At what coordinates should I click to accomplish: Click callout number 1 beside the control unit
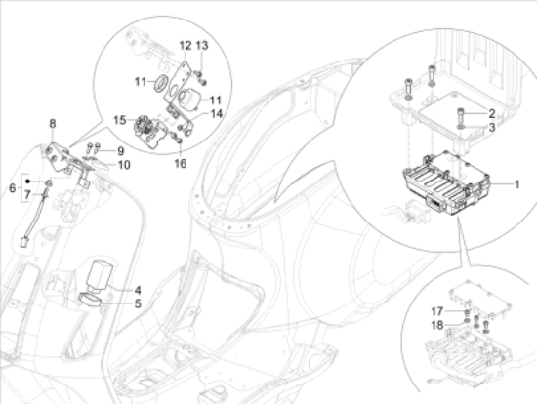coord(516,184)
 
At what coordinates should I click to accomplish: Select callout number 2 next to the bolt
coord(492,113)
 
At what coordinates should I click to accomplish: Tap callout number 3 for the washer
coord(492,128)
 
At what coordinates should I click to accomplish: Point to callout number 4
coord(138,291)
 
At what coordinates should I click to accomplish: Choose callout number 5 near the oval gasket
coord(138,303)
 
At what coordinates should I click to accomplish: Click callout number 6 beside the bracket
coord(13,188)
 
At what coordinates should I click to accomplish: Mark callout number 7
coord(27,195)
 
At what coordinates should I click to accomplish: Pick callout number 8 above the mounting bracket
coord(53,124)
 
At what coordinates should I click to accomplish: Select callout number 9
coord(120,151)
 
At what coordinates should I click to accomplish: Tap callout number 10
coord(124,165)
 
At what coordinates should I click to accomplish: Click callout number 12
coord(186,45)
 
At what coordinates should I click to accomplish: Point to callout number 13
coord(202,45)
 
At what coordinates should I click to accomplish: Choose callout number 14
coord(217,113)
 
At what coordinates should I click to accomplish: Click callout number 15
coord(120,120)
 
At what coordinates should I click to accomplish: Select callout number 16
coord(181,164)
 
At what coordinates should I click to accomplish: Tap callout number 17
coord(437,311)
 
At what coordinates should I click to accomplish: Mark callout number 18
coord(437,325)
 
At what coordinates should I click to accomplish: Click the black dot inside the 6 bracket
coord(28,182)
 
